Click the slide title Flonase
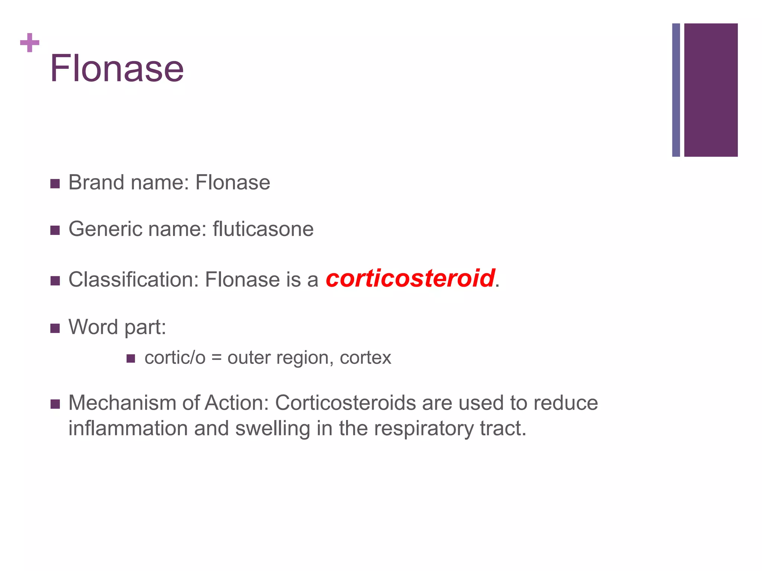(x=117, y=68)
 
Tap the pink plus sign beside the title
(x=30, y=43)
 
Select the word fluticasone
(x=263, y=229)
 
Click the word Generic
(x=106, y=229)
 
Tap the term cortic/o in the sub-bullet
(x=175, y=358)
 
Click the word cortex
(x=365, y=358)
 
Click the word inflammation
(x=128, y=428)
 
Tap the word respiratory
(x=424, y=428)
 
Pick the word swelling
(x=273, y=428)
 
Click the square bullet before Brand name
(x=55, y=184)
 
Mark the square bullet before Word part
(x=55, y=328)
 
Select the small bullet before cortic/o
(x=131, y=358)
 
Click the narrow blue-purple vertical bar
(x=676, y=90)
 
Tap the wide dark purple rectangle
(x=711, y=90)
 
